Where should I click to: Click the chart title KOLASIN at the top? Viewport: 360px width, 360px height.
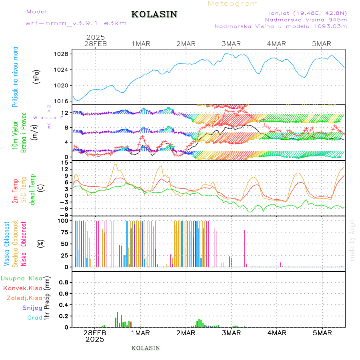[x=154, y=14]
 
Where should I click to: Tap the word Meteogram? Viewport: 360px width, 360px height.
[x=233, y=4]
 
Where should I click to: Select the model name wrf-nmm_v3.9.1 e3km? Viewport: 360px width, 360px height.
[x=76, y=23]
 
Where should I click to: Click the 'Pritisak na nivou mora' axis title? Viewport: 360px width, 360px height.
[x=15, y=77]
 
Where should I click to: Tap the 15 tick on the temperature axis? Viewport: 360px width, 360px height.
[x=64, y=162]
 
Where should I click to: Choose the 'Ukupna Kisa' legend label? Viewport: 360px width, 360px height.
[x=22, y=278]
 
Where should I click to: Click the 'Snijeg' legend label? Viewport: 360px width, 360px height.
[x=33, y=308]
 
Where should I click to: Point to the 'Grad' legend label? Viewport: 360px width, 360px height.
[x=35, y=318]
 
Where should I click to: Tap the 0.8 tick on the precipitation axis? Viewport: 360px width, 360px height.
[x=63, y=282]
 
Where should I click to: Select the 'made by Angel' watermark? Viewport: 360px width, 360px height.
[x=352, y=240]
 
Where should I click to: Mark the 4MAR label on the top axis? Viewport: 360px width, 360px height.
[x=277, y=44]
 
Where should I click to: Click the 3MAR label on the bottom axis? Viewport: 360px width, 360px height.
[x=231, y=333]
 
